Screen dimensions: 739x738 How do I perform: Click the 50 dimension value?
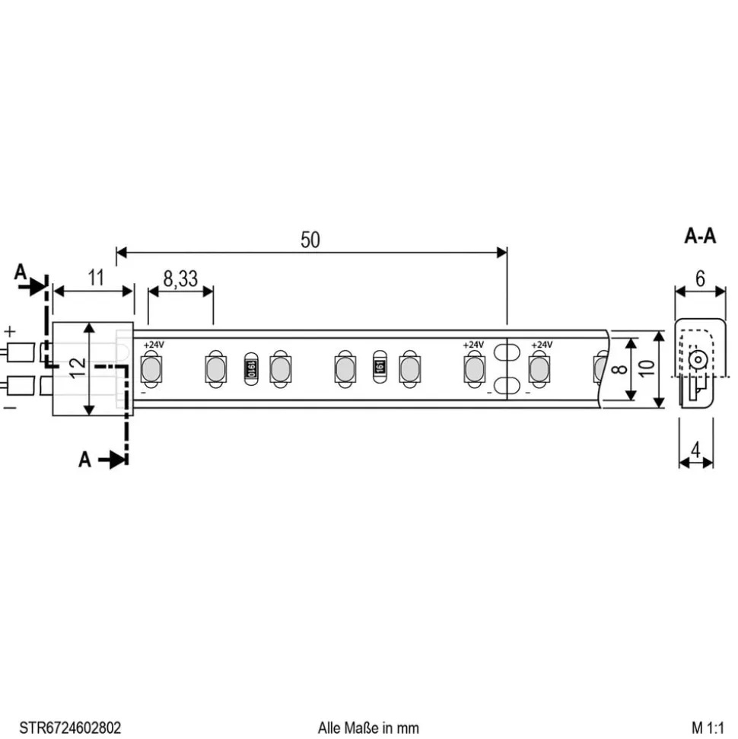click(x=310, y=240)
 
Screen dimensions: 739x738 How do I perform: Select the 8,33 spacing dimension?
click(x=180, y=279)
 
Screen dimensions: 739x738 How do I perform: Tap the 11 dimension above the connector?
click(x=94, y=278)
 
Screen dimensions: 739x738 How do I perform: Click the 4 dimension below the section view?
click(x=695, y=450)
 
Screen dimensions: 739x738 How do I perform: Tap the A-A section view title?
click(x=700, y=237)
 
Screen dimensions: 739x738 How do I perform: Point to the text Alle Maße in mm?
click(x=368, y=728)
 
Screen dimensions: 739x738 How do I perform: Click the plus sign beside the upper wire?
click(x=10, y=332)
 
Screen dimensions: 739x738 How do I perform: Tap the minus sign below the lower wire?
click(x=10, y=407)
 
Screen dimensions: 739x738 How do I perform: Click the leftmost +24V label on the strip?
click(x=154, y=345)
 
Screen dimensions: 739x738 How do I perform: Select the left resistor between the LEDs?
click(x=249, y=369)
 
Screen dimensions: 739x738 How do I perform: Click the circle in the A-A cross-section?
click(x=695, y=361)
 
